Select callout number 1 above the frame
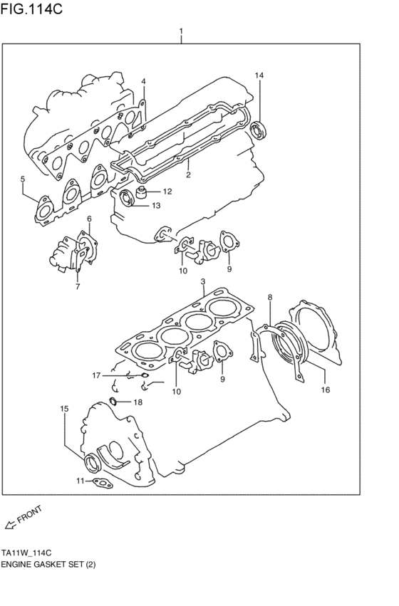pos(182,31)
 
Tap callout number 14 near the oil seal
pos(259,75)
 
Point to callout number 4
pos(143,81)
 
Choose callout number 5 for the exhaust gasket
pos(23,179)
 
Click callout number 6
pos(89,219)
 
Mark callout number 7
pos(76,288)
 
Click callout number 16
pos(326,390)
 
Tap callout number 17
pos(96,375)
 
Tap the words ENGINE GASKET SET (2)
pos(48,564)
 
